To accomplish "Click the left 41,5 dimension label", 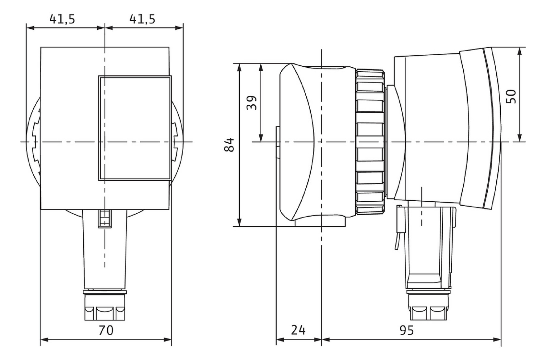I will click(x=62, y=19).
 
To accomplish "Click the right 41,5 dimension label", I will click(x=142, y=19).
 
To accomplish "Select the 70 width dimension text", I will click(x=106, y=330).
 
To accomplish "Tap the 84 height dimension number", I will click(x=229, y=145).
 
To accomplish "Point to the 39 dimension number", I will click(x=252, y=103).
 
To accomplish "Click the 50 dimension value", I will click(x=511, y=96).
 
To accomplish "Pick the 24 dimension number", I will click(x=298, y=330).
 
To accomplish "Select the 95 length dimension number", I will click(x=406, y=330).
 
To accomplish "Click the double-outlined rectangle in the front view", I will click(x=135, y=128).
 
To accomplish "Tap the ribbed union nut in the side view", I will click(x=370, y=142).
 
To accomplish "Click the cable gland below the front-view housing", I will click(x=105, y=306).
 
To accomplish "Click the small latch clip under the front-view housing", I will click(x=105, y=219).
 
